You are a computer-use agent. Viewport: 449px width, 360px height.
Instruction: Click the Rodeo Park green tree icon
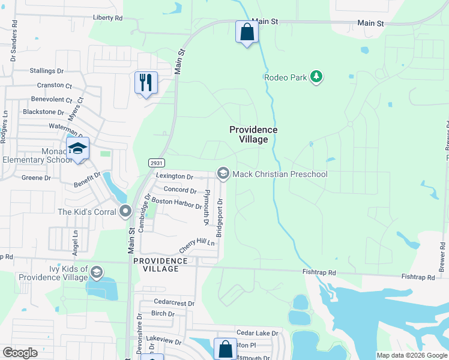pyautogui.click(x=317, y=77)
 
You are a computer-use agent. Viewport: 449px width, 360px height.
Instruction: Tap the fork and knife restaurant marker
pyautogui.click(x=146, y=82)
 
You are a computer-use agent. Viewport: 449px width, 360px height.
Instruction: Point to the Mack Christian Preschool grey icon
pyautogui.click(x=223, y=174)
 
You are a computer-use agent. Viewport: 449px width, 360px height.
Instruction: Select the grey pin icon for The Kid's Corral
pyautogui.click(x=125, y=211)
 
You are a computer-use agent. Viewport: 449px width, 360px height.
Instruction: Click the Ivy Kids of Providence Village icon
pyautogui.click(x=95, y=273)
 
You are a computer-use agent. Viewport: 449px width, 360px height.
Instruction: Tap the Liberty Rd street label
pyautogui.click(x=108, y=18)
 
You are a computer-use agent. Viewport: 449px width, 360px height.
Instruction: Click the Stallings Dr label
pyautogui.click(x=47, y=71)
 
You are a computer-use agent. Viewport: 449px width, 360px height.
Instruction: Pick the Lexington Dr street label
pyautogui.click(x=174, y=177)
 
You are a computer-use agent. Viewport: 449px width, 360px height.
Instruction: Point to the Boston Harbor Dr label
pyautogui.click(x=176, y=203)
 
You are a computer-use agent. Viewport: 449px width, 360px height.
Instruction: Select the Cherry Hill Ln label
pyautogui.click(x=197, y=246)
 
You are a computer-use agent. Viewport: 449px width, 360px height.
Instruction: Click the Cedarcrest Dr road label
pyautogui.click(x=174, y=304)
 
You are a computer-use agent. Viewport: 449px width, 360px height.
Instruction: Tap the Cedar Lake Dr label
pyautogui.click(x=258, y=333)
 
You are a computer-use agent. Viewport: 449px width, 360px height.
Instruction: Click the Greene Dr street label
pyautogui.click(x=37, y=178)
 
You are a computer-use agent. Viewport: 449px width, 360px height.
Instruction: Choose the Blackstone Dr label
pyautogui.click(x=43, y=112)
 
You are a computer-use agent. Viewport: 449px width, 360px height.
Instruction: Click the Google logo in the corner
pyautogui.click(x=20, y=353)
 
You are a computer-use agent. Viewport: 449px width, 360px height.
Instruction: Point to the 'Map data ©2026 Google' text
pyautogui.click(x=412, y=355)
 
